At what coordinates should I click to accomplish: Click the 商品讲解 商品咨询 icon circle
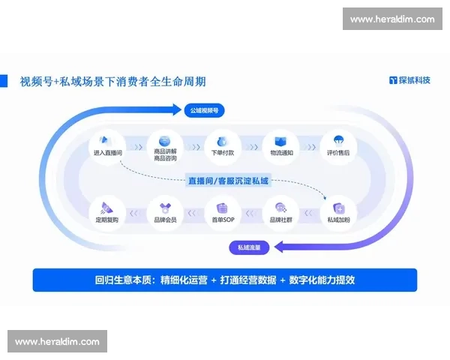click(164, 141)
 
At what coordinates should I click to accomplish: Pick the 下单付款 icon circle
click(220, 142)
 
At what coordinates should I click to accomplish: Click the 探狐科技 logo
click(409, 80)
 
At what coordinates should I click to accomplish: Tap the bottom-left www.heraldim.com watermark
click(57, 341)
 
